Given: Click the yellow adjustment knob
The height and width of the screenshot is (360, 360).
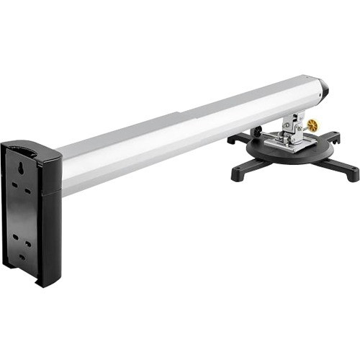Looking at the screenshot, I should [x=312, y=125].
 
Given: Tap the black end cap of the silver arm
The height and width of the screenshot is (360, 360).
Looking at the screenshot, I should [x=323, y=86].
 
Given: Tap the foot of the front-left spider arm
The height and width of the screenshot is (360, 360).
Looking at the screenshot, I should [x=237, y=174].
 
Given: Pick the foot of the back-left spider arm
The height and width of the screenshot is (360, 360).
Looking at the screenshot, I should [x=233, y=139].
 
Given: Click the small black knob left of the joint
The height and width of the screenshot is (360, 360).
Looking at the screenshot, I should [x=256, y=132].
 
